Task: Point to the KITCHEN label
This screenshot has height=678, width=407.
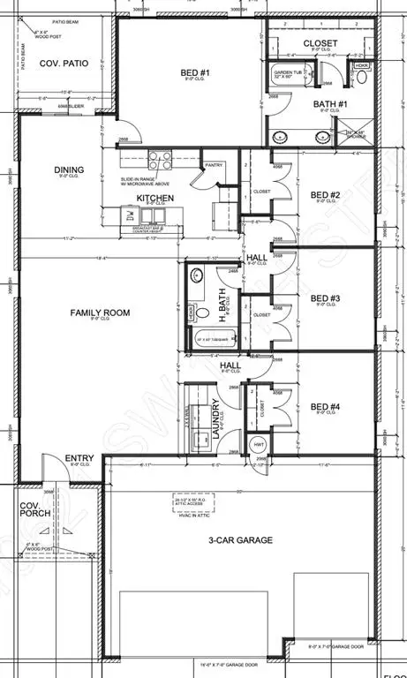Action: click(x=155, y=198)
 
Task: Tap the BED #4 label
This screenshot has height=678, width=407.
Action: click(x=326, y=407)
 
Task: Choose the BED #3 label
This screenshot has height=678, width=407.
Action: click(x=326, y=298)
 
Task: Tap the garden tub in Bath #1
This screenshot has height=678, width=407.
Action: click(x=288, y=76)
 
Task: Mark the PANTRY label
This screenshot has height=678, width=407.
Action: click(x=213, y=164)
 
